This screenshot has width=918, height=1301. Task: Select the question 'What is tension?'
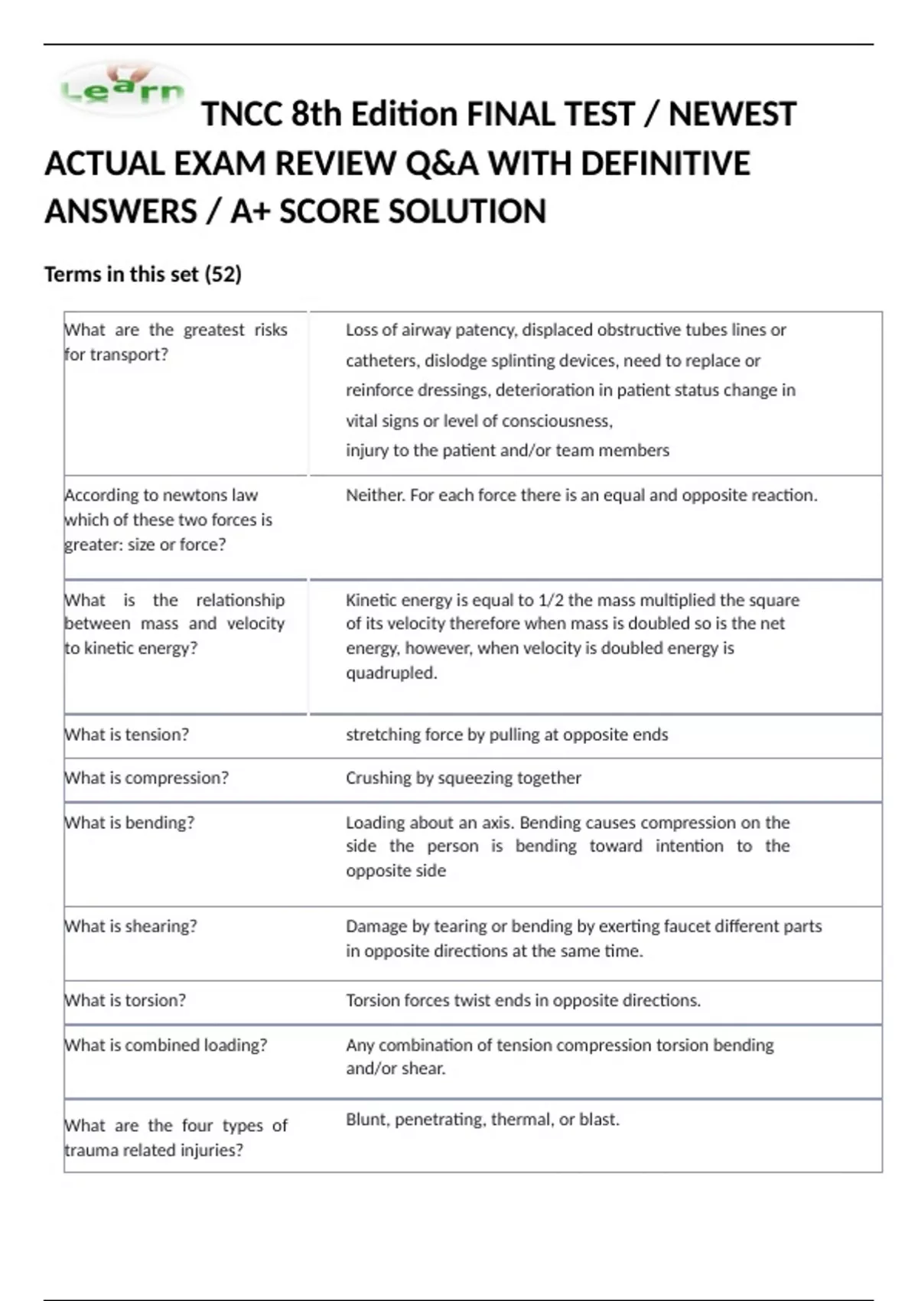(127, 735)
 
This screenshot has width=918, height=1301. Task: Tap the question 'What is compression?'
(147, 778)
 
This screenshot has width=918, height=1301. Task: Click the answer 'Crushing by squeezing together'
(463, 778)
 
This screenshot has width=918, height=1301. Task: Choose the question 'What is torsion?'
(125, 1000)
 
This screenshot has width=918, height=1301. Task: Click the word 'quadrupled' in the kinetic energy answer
(390, 673)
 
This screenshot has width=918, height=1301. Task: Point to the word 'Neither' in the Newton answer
(374, 495)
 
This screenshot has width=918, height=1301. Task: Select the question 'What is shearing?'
(131, 926)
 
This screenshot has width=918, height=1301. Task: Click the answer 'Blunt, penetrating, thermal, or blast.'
(482, 1120)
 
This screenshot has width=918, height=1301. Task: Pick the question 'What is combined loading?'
(166, 1045)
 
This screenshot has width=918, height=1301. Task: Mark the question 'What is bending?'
(129, 823)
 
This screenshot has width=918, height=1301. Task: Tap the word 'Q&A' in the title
(443, 164)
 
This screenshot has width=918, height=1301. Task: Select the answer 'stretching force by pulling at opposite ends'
(506, 735)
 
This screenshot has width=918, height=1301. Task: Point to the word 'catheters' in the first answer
(379, 360)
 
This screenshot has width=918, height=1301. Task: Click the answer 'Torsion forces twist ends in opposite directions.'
(522, 1000)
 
